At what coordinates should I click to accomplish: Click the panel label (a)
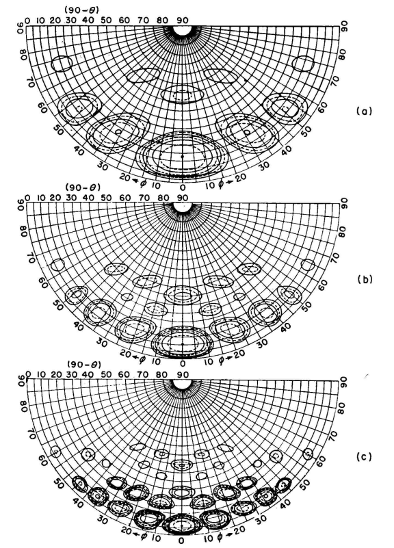click(x=364, y=112)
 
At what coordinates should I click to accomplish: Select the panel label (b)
click(x=365, y=280)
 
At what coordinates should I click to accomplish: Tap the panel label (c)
click(x=364, y=457)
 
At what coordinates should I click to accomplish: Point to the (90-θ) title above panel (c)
click(x=85, y=365)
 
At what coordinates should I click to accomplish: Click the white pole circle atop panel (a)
click(x=183, y=31)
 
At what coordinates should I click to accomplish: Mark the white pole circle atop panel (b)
click(x=183, y=206)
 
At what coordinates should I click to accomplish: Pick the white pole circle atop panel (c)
click(x=182, y=383)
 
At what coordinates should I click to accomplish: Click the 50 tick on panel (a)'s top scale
click(x=107, y=21)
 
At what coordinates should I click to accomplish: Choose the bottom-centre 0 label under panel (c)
click(x=181, y=540)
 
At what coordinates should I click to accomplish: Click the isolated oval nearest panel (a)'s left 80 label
click(x=62, y=64)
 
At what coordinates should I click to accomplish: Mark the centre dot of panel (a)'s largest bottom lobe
click(x=182, y=156)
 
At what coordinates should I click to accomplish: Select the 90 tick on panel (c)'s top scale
click(x=182, y=375)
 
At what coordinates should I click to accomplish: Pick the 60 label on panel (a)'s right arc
click(x=322, y=108)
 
